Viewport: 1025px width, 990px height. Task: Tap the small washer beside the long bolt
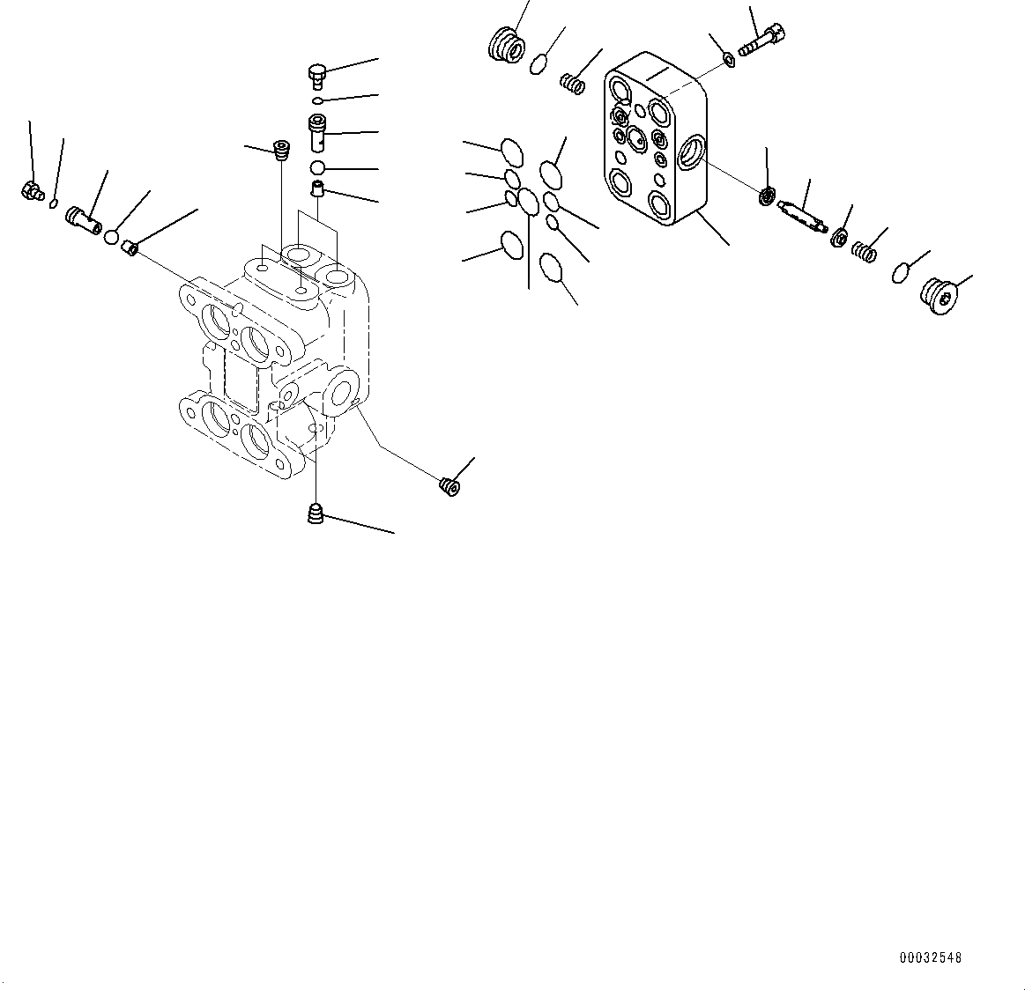click(x=729, y=60)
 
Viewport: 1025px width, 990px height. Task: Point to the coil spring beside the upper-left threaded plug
click(x=574, y=83)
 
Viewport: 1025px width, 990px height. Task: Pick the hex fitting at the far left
click(x=32, y=190)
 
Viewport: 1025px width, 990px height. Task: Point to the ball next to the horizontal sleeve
click(x=112, y=236)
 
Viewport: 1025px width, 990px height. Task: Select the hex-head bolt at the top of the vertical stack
click(x=317, y=76)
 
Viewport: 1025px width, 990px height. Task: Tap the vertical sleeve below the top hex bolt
click(x=317, y=132)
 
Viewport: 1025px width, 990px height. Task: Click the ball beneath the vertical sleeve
click(x=317, y=168)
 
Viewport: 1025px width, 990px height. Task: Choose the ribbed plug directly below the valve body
click(x=316, y=513)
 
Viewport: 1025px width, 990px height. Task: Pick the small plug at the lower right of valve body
click(x=449, y=485)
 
